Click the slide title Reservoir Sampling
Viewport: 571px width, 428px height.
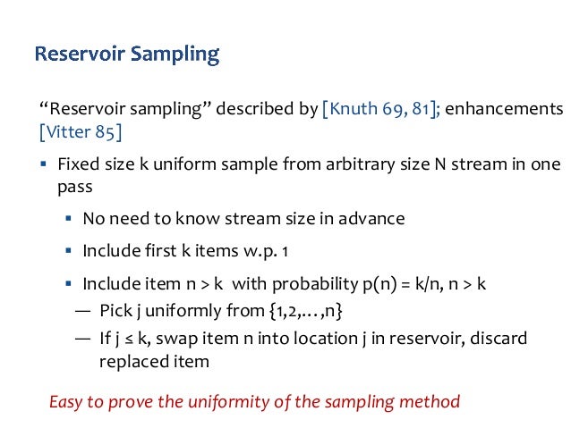click(x=126, y=55)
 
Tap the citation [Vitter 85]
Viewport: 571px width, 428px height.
click(x=81, y=133)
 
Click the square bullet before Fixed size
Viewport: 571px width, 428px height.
click(x=43, y=166)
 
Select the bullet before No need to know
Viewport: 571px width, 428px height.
click(x=68, y=219)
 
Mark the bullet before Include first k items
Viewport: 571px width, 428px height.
click(x=68, y=251)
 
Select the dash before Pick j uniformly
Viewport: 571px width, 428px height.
click(x=82, y=312)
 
